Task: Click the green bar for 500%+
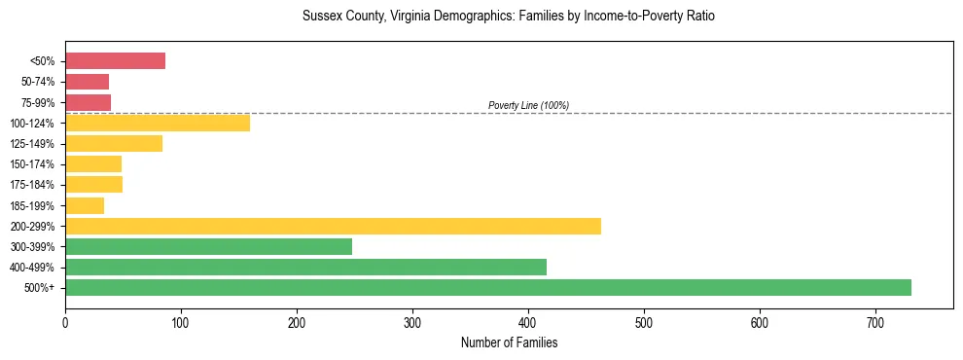(x=487, y=287)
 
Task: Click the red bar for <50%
(x=115, y=61)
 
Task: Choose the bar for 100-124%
(x=157, y=123)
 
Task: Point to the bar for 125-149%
(x=113, y=144)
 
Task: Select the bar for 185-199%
(x=85, y=205)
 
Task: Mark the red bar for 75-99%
(x=88, y=102)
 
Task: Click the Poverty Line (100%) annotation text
(x=528, y=105)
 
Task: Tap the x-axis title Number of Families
(x=509, y=342)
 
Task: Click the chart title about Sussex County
(x=509, y=17)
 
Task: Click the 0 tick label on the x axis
(x=65, y=321)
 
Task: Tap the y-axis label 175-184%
(x=32, y=185)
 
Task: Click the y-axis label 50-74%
(x=37, y=82)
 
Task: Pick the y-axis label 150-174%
(x=32, y=164)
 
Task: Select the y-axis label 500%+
(x=40, y=288)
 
